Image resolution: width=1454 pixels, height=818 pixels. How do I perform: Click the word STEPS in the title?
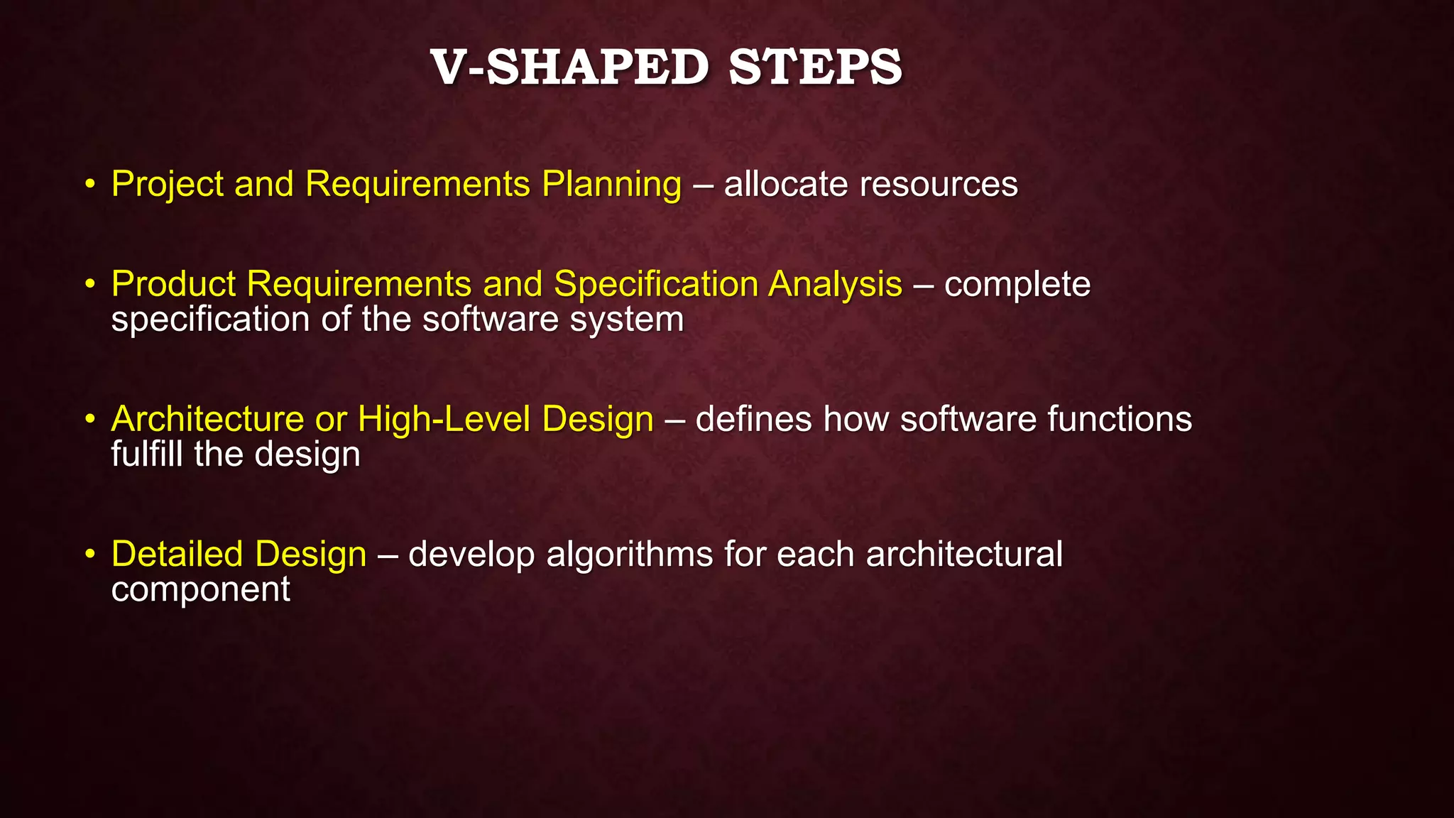[815, 68]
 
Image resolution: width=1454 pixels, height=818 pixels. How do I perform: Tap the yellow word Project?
[168, 185]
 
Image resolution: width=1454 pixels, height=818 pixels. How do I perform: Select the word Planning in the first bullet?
[611, 185]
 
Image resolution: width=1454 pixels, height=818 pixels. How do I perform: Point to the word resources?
[939, 185]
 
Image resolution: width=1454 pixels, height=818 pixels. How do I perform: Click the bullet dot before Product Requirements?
[89, 284]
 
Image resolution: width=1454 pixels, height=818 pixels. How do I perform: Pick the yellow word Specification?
[656, 284]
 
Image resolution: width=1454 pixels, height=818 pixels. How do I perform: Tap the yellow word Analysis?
[835, 284]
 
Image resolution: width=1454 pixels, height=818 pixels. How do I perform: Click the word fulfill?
[147, 454]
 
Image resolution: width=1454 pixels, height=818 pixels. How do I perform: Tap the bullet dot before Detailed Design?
[89, 554]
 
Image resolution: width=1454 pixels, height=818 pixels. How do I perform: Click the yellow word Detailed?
[177, 554]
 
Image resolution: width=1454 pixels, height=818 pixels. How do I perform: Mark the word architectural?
[964, 554]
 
